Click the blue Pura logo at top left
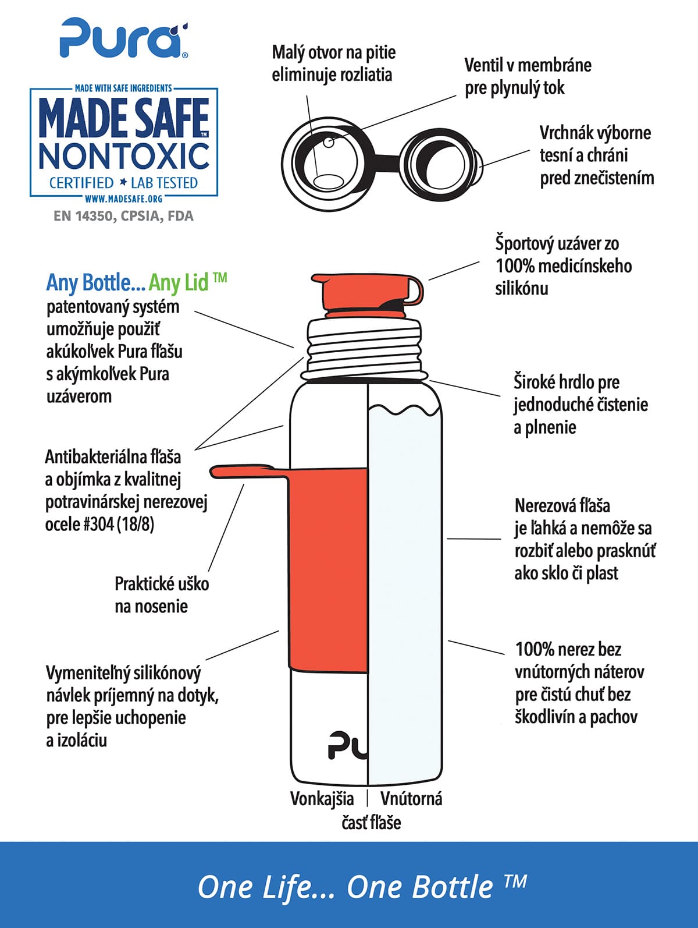123,38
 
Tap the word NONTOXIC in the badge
124,156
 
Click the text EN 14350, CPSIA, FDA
123,216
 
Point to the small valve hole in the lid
329,142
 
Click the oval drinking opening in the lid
328,181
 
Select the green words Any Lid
187,283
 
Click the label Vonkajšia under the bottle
322,799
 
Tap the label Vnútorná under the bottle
411,799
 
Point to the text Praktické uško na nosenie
162,595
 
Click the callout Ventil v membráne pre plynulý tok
528,76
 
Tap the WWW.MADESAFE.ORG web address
124,199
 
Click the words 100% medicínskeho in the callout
564,267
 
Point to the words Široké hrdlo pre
567,382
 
